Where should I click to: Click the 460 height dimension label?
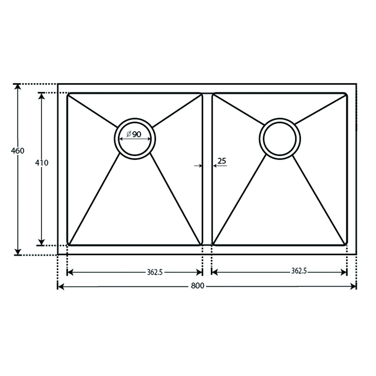[17, 151]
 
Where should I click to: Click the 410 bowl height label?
[42, 163]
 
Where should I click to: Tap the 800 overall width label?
[198, 286]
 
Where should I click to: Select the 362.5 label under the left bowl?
[155, 272]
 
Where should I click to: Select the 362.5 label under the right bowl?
[299, 271]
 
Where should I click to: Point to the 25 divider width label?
[222, 160]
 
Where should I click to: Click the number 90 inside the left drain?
[137, 135]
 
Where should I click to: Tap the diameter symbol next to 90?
[129, 134]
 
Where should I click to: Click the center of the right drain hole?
[280, 139]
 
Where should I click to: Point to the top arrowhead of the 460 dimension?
[17, 87]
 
